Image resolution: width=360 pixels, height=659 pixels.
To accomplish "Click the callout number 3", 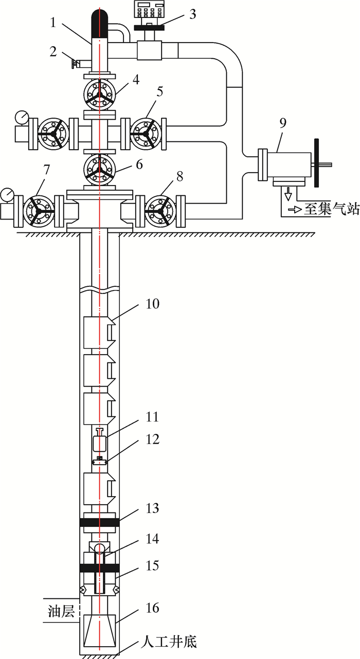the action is coord(192,14).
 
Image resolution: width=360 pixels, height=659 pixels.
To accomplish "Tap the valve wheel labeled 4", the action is coord(100,95).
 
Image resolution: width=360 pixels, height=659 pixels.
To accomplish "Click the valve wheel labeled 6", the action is coord(100,170).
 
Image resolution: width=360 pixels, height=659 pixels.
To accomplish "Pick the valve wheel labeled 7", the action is coord(39,211).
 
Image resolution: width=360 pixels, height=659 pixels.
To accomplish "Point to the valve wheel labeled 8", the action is coord(160,211).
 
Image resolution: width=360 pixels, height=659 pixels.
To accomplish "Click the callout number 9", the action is coord(282,123).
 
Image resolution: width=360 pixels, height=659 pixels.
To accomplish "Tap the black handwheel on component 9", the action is coord(316,163).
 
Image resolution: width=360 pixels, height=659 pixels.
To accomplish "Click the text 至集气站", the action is coord(332,209).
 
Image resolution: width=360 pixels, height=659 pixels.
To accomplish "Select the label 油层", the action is coord(61,611).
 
